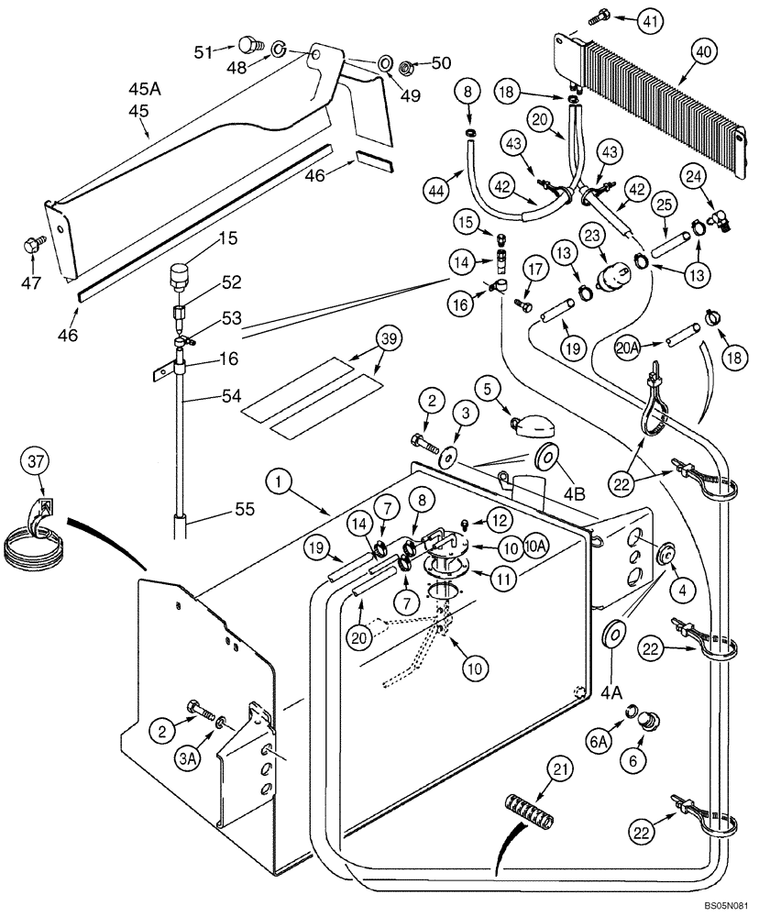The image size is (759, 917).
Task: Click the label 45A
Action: point(145,89)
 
